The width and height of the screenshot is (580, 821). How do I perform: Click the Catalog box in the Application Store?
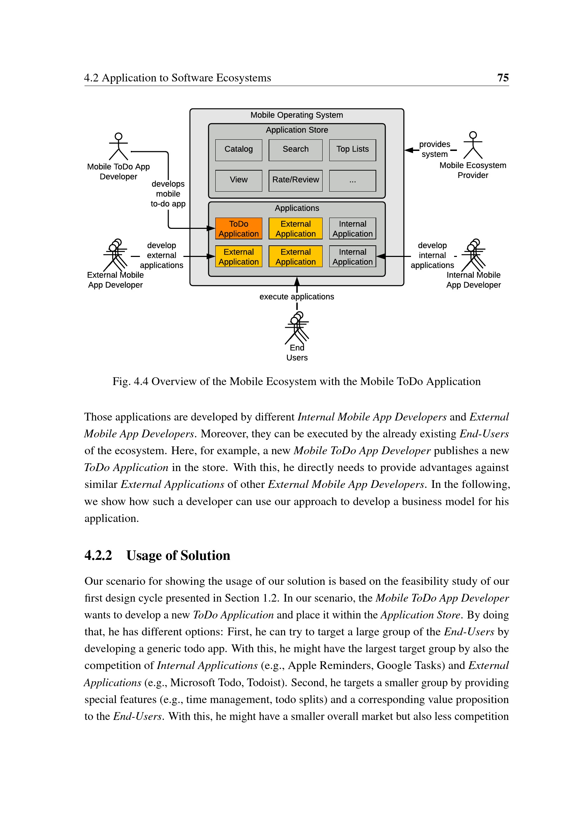[x=238, y=150]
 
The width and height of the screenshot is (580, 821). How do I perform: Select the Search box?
[x=295, y=150]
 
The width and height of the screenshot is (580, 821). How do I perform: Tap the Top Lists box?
[x=352, y=150]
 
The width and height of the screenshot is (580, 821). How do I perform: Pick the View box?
[x=238, y=180]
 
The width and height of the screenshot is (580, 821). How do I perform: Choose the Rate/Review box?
[x=295, y=180]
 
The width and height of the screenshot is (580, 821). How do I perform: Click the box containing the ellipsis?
[x=352, y=180]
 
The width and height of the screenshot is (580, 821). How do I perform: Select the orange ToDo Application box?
[x=238, y=229]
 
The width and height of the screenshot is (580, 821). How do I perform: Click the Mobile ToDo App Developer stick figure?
[x=118, y=147]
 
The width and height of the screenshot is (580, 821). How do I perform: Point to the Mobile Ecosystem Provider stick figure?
[x=472, y=145]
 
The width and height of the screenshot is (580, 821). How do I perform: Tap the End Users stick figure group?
[x=297, y=327]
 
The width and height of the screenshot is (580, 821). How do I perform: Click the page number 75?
[x=503, y=78]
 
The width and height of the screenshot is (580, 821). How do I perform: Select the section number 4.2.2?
[x=98, y=556]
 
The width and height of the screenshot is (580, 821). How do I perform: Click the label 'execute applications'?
[x=296, y=297]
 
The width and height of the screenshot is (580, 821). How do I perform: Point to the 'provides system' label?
[x=434, y=150]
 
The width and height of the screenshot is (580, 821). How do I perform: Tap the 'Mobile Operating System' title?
[x=296, y=115]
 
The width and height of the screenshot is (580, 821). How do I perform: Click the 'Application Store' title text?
[x=296, y=130]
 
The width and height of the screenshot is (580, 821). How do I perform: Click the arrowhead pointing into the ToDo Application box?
[x=211, y=228]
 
